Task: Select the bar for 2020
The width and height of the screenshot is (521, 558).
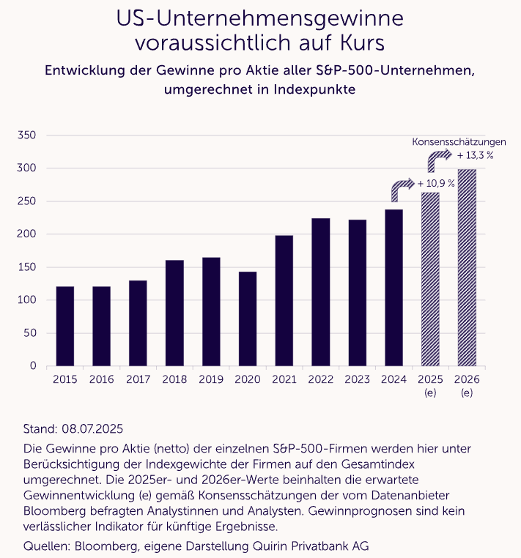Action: point(248,319)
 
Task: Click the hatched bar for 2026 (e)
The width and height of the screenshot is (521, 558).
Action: point(467,267)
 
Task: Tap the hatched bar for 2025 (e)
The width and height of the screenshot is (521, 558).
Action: point(430,279)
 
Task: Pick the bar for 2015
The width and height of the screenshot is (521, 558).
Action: point(65,327)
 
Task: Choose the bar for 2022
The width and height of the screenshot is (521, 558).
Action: point(320,292)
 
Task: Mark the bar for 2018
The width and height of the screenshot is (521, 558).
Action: point(174,313)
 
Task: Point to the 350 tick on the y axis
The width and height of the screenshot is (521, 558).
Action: point(26,135)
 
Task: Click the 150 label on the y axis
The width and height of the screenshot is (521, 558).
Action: point(26,267)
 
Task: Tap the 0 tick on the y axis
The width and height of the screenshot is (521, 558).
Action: point(33,366)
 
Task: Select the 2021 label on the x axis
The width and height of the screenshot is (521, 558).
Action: point(284,379)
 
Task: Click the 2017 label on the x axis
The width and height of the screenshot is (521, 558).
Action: point(138,379)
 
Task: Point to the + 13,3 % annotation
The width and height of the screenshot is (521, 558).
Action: point(475,155)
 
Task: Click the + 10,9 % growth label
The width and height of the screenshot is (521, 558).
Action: point(436,184)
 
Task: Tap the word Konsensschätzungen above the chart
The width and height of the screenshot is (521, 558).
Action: point(459,142)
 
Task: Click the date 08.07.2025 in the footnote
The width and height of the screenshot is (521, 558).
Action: point(92,429)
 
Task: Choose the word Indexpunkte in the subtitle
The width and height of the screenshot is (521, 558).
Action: point(314,89)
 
